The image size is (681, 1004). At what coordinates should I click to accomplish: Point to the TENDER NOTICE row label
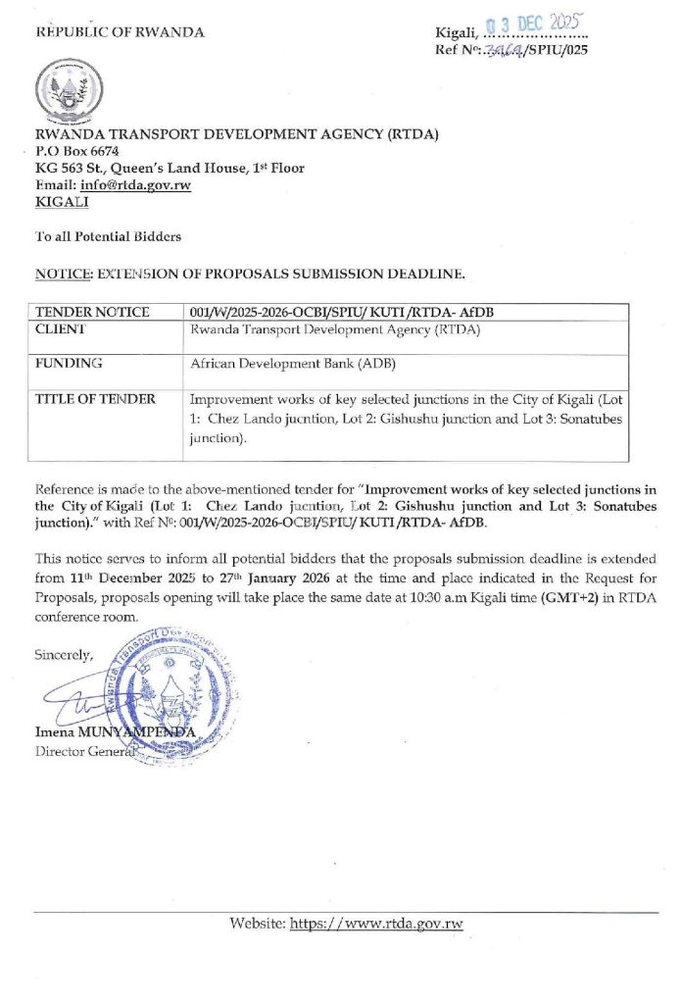pos(92,312)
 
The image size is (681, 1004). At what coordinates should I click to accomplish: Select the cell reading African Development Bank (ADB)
pos(285,363)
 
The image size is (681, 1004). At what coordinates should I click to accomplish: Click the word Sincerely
pos(65,654)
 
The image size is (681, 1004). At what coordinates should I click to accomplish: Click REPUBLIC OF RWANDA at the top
pos(121,32)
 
